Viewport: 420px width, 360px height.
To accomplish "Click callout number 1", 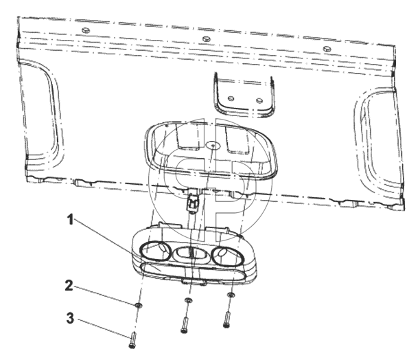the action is tap(70, 220).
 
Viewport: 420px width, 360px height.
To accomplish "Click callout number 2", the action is tap(69, 286).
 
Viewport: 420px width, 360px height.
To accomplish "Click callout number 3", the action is tap(70, 319).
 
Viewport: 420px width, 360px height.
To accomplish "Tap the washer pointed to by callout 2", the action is tap(138, 305).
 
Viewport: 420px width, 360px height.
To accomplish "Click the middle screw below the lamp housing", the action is tap(185, 325).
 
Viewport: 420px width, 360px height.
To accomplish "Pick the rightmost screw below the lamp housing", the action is tap(227, 319).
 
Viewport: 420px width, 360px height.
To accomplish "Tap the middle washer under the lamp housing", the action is tap(188, 300).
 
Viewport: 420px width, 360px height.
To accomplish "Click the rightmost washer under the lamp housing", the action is tap(231, 295).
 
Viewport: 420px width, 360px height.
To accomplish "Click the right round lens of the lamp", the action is tap(228, 256).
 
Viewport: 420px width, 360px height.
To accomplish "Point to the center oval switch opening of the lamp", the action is tap(191, 254).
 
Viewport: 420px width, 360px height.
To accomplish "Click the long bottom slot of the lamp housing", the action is tap(193, 272).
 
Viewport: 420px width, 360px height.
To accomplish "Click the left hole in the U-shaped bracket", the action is tap(231, 99).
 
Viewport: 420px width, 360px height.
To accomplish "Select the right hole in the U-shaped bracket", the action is tap(259, 101).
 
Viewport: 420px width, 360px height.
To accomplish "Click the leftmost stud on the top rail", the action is tap(86, 30).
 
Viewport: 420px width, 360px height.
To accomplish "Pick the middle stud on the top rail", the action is tap(205, 39).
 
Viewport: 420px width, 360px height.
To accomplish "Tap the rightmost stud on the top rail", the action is tap(327, 49).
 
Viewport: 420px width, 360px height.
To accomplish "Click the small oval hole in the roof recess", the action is tap(213, 146).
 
